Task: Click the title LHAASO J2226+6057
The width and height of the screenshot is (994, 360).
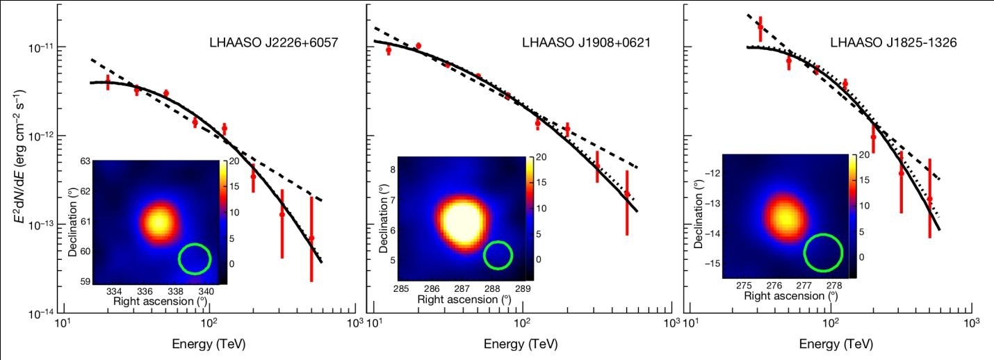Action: click(x=273, y=42)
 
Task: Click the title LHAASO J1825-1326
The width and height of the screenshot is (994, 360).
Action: click(x=894, y=42)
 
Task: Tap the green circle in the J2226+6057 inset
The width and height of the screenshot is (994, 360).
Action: click(x=194, y=258)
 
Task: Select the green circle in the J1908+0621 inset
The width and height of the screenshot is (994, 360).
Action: click(x=498, y=255)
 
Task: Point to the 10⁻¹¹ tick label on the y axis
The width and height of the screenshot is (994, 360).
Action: click(x=42, y=47)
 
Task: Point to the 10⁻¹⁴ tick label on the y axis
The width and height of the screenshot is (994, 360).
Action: click(x=42, y=314)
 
